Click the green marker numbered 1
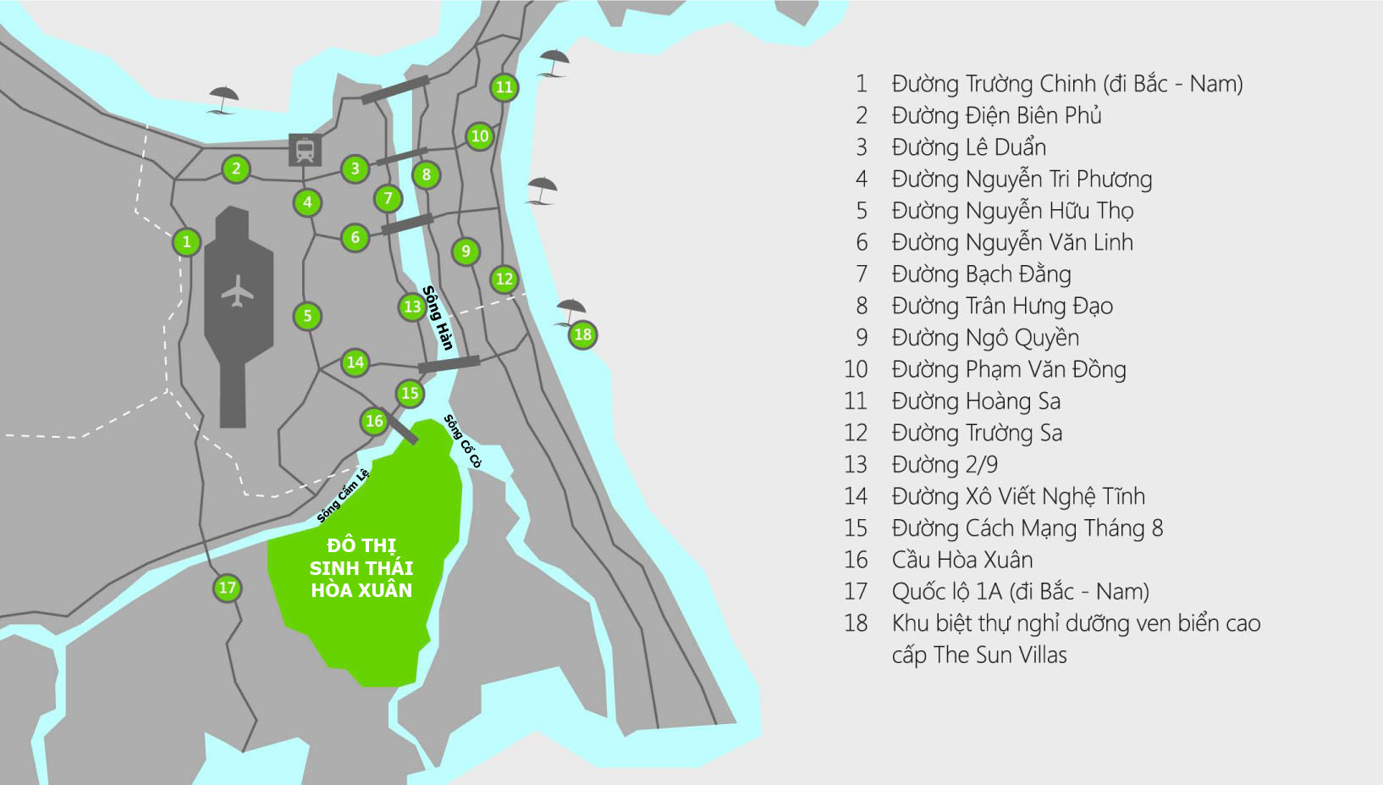click(186, 242)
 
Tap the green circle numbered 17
click(227, 588)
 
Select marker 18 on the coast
click(582, 334)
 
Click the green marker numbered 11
click(504, 87)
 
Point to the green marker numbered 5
click(307, 316)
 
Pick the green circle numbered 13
click(412, 307)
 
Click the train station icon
click(305, 150)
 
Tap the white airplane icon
click(238, 291)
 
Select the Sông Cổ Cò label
click(462, 440)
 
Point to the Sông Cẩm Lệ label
click(343, 495)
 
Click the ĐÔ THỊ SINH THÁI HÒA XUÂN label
click(361, 567)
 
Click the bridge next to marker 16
click(399, 427)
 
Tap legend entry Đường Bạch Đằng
click(981, 274)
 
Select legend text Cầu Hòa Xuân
click(962, 560)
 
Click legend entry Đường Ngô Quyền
click(985, 338)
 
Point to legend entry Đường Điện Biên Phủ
click(996, 115)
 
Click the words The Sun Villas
click(1000, 655)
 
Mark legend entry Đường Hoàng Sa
click(976, 401)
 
